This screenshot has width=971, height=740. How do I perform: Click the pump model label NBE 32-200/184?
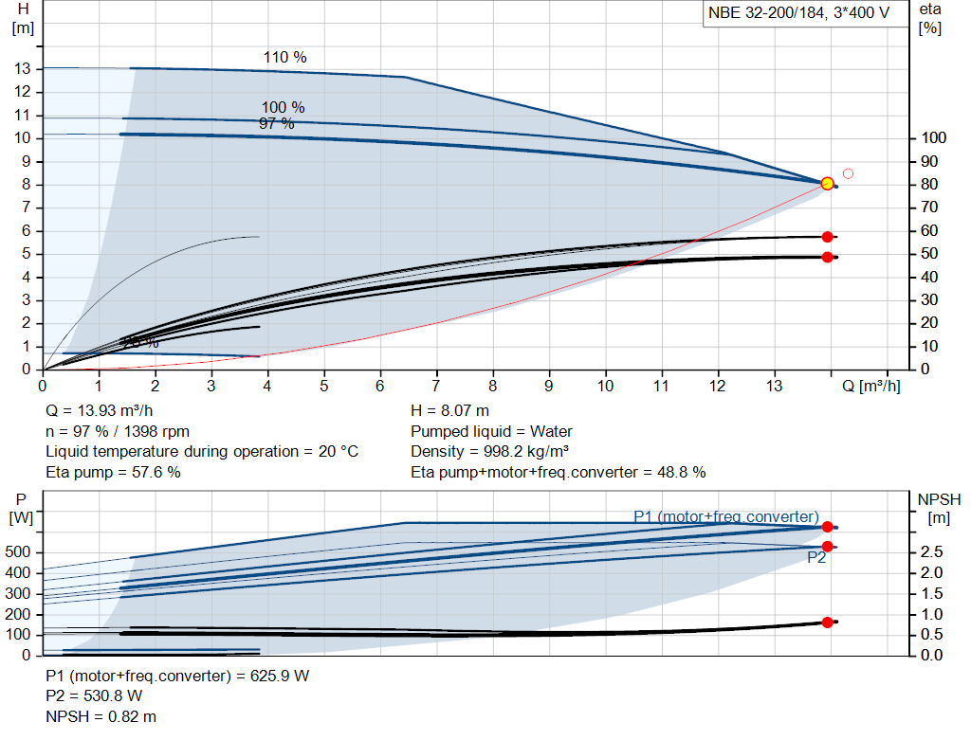coord(797,14)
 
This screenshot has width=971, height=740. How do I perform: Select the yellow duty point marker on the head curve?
coord(827,183)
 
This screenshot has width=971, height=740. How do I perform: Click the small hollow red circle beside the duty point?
coord(848,173)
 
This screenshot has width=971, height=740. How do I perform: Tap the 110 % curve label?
coord(284,58)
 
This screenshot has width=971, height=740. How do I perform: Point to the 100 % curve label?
coord(283,107)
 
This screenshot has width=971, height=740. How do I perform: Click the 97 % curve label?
coord(277,123)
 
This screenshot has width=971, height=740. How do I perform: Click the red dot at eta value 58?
coord(827,237)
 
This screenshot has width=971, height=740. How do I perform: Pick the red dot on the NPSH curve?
coord(827,623)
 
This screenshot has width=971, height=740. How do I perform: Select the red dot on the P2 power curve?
coord(827,547)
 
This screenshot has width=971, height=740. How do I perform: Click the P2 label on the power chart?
coord(816,558)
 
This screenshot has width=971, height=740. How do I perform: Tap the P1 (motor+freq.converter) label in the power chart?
coord(725,516)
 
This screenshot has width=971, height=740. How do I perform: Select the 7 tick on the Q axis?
coord(436,387)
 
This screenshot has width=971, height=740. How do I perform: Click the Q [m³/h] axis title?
coord(871,387)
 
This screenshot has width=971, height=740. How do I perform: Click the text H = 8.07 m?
coord(450,411)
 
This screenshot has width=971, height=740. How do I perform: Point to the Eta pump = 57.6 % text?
coord(113,472)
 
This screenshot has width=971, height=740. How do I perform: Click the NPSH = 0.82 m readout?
coord(101,716)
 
